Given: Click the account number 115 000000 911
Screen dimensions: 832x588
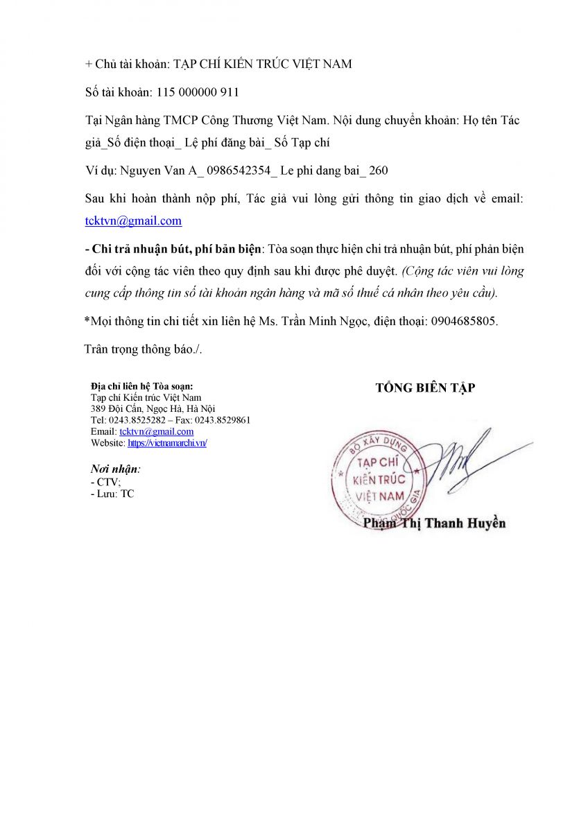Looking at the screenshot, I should [x=198, y=92].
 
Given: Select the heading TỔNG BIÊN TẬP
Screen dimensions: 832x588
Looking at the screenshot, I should [x=425, y=388].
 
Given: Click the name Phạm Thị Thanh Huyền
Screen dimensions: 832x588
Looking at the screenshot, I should [x=434, y=523].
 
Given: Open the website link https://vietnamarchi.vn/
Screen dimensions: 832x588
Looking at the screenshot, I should [x=167, y=442].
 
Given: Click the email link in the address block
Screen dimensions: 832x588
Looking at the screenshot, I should [x=157, y=431].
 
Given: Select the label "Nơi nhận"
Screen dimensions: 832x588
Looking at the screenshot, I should [x=114, y=469].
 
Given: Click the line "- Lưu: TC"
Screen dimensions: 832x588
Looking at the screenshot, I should [x=112, y=494].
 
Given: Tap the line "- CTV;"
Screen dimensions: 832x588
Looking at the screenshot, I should [x=105, y=482].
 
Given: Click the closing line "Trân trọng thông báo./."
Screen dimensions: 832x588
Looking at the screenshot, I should [x=143, y=349].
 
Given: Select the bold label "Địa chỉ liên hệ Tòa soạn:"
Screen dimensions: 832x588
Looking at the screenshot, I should [x=142, y=386].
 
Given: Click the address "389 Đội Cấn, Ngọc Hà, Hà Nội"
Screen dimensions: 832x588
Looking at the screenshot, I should [x=153, y=408].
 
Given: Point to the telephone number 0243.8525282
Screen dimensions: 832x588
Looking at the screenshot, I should [x=135, y=420].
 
